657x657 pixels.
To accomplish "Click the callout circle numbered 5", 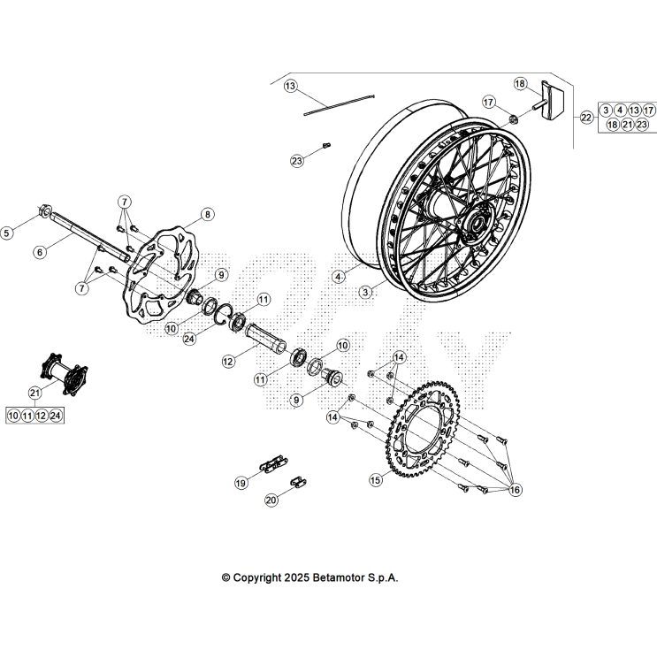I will pyautogui.click(x=7, y=233).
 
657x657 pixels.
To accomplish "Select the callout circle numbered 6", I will pyautogui.click(x=40, y=252).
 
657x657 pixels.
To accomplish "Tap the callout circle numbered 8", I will pyautogui.click(x=206, y=214).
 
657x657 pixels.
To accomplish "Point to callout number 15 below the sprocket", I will pyautogui.click(x=376, y=480).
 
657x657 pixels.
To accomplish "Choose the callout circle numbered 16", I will pyautogui.click(x=515, y=490).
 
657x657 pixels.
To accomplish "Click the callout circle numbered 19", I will pyautogui.click(x=241, y=483).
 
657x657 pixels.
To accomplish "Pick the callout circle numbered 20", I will pyautogui.click(x=271, y=500).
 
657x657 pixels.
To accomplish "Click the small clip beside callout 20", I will pyautogui.click(x=299, y=482).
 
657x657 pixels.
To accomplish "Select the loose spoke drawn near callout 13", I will pyautogui.click(x=340, y=104).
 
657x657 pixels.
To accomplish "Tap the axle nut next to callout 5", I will pyautogui.click(x=42, y=213).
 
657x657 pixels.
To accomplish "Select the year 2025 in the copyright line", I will pyautogui.click(x=296, y=577).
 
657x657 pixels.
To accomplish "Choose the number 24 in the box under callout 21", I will pyautogui.click(x=56, y=415).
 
